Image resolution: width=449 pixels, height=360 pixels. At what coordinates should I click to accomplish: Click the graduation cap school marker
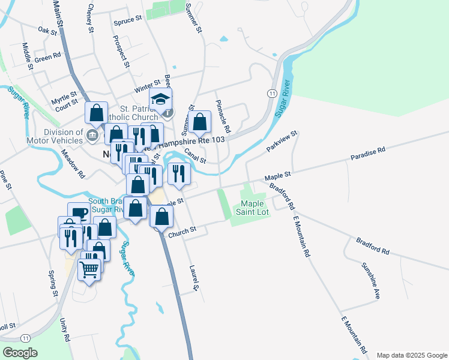click(x=161, y=100)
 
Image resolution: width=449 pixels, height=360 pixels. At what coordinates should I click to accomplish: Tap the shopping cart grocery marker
click(x=90, y=271)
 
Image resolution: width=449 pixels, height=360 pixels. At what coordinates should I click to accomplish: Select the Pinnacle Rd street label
click(x=223, y=116)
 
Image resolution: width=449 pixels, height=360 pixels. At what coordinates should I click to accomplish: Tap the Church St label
click(x=182, y=230)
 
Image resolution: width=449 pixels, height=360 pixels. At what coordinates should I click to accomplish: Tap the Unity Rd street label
click(x=64, y=329)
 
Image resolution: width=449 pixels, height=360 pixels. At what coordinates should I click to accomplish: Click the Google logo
click(x=20, y=353)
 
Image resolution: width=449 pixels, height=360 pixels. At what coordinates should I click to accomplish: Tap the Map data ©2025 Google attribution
click(x=411, y=355)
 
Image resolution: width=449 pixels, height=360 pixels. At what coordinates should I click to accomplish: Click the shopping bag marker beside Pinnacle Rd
click(x=200, y=122)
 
